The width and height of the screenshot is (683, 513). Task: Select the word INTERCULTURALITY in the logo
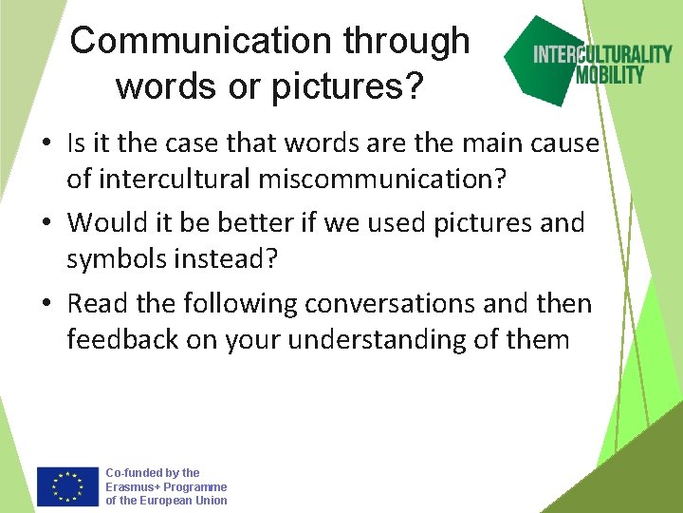(602, 53)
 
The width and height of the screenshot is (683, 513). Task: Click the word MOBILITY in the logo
(610, 74)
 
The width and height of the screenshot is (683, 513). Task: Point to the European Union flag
(67, 485)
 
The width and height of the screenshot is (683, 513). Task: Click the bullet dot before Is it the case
(46, 144)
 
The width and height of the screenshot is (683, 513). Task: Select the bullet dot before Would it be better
(46, 224)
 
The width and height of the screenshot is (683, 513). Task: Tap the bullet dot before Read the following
(46, 305)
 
